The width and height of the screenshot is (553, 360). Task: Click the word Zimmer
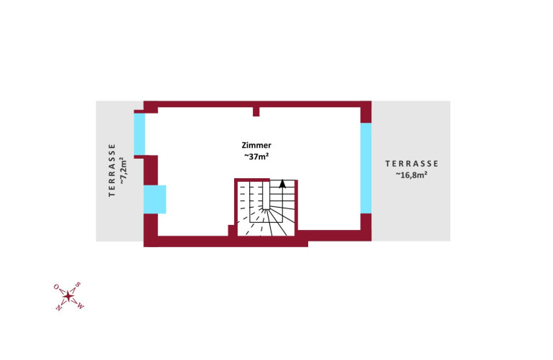256,145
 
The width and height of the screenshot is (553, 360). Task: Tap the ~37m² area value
257,157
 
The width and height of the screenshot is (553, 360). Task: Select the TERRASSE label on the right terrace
412,164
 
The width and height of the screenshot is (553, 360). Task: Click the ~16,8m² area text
412,175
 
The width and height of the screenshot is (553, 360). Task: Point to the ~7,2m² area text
123,171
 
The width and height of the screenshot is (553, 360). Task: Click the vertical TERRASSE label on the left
112,170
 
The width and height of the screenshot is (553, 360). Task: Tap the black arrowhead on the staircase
282,183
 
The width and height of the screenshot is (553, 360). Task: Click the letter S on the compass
78,285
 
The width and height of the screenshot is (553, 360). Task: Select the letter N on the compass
58,308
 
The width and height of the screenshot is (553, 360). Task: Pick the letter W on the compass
80,306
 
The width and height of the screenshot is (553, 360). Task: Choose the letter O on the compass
56,286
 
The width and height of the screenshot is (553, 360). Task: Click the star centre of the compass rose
68,297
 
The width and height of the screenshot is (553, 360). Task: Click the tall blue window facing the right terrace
366,168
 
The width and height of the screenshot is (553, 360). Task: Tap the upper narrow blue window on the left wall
139,134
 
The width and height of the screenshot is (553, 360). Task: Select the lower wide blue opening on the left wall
154,200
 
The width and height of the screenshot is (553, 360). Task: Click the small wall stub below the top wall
256,111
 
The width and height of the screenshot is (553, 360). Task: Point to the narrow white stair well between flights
266,195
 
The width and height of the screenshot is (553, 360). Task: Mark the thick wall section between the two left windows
151,170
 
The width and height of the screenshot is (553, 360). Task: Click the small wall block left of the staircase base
233,231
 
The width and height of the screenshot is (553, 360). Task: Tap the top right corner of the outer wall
371,101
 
